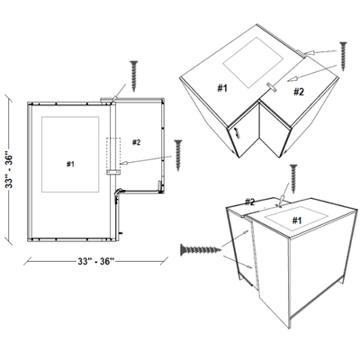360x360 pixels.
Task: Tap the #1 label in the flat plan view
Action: [70, 164]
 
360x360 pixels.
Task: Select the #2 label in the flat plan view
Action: [137, 142]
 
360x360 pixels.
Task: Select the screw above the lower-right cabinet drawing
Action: [293, 176]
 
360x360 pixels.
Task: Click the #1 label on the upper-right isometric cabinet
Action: [221, 87]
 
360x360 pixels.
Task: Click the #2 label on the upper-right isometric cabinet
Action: [298, 91]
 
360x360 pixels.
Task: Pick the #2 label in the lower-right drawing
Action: [250, 202]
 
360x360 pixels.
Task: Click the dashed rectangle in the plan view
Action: [112, 153]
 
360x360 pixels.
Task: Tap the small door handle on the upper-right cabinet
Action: [237, 130]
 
